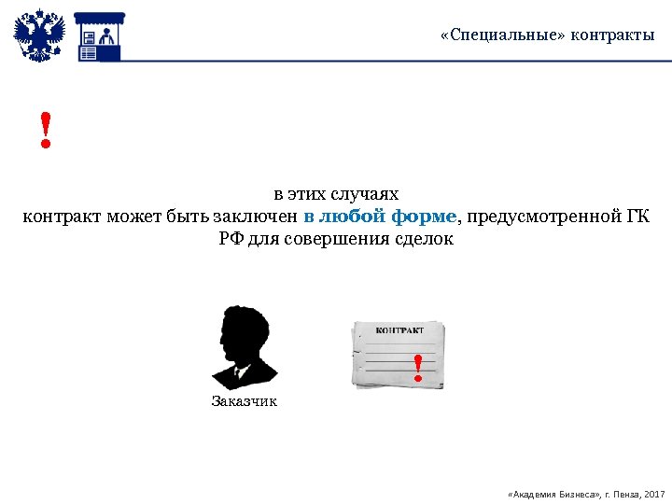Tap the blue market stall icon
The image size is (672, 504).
pyautogui.click(x=99, y=37)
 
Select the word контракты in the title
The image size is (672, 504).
pyautogui.click(x=610, y=35)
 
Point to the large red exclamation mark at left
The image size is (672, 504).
pyautogui.click(x=45, y=131)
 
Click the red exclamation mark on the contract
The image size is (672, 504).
pyautogui.click(x=418, y=369)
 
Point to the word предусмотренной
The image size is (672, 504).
pyautogui.click(x=542, y=217)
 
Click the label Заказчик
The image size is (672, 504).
pyautogui.click(x=245, y=401)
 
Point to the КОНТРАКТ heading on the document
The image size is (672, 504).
pyautogui.click(x=399, y=330)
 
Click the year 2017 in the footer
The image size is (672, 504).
pyautogui.click(x=654, y=492)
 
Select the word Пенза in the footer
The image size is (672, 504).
pyautogui.click(x=623, y=492)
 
